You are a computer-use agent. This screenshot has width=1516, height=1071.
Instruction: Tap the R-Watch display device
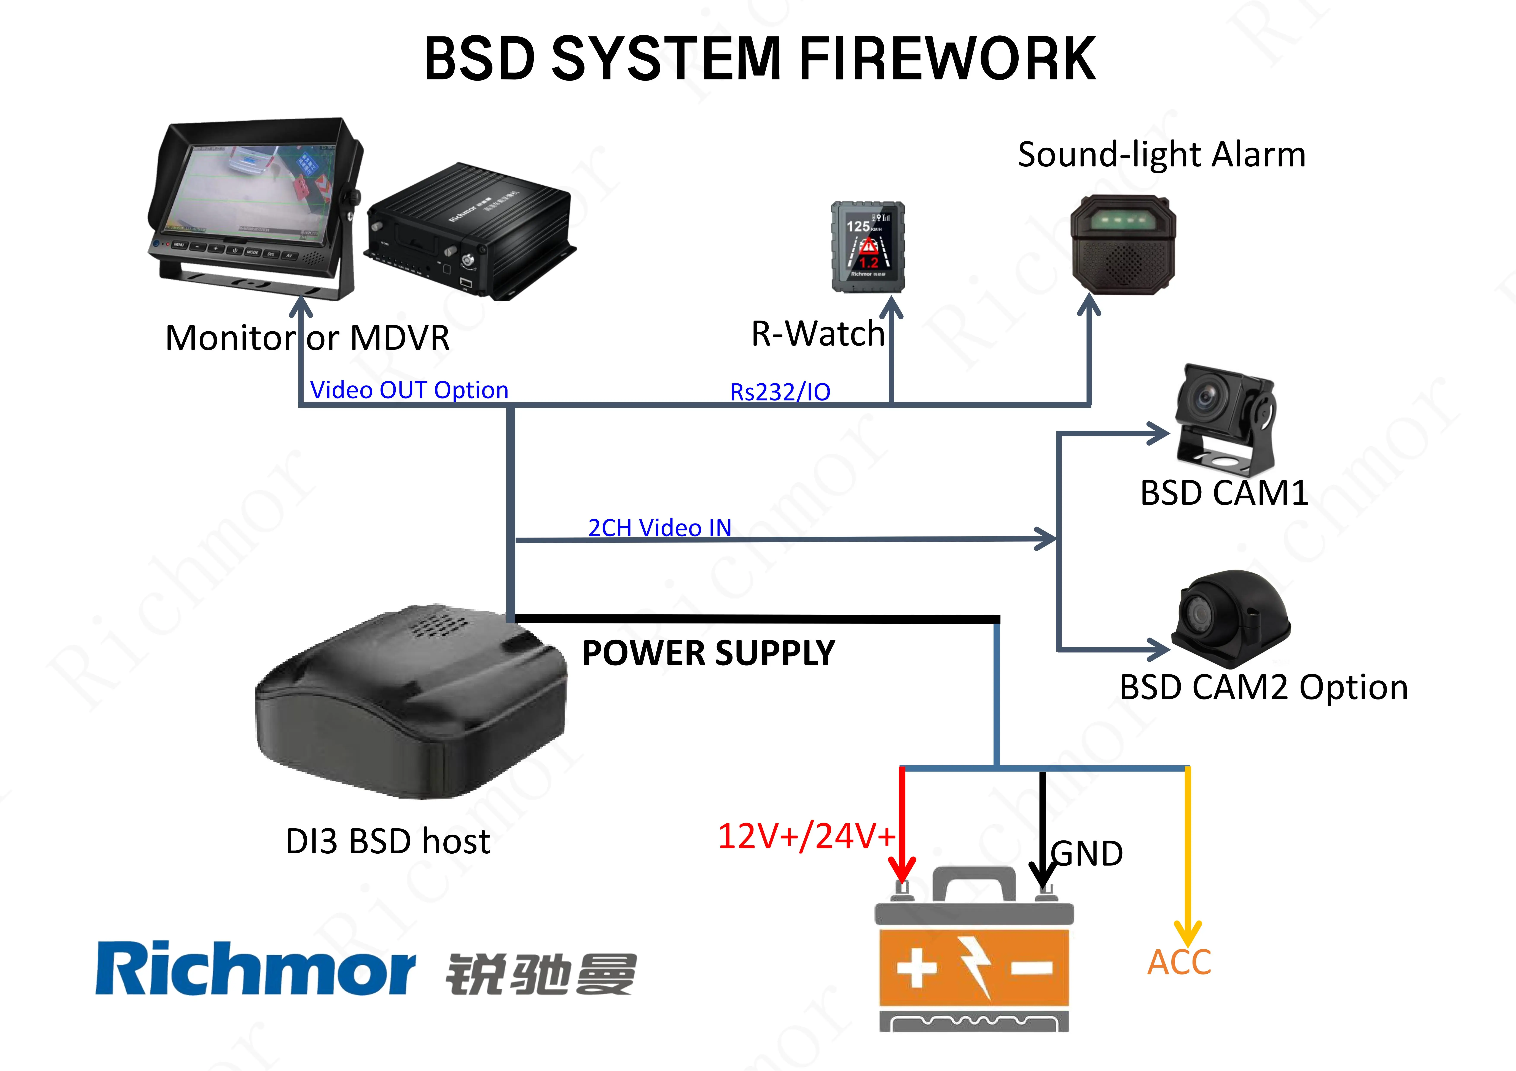click(x=867, y=247)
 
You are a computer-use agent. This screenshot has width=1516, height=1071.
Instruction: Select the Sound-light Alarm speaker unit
click(x=1123, y=244)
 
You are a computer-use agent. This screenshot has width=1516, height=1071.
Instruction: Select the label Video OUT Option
click(x=409, y=390)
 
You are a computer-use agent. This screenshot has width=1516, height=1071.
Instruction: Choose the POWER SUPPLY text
click(x=708, y=653)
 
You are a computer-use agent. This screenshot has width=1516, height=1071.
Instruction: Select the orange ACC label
click(x=1179, y=962)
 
